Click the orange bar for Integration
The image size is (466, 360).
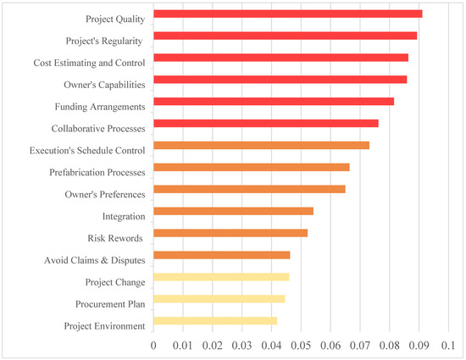(233, 211)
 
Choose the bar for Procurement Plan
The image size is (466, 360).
(219, 299)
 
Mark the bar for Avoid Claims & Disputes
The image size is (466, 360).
(221, 255)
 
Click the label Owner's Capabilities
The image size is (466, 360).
(104, 85)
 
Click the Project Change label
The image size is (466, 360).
(115, 282)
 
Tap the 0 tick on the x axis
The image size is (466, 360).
(153, 346)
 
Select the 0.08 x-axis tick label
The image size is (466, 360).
(389, 346)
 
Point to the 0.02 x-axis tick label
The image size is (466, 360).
(212, 346)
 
